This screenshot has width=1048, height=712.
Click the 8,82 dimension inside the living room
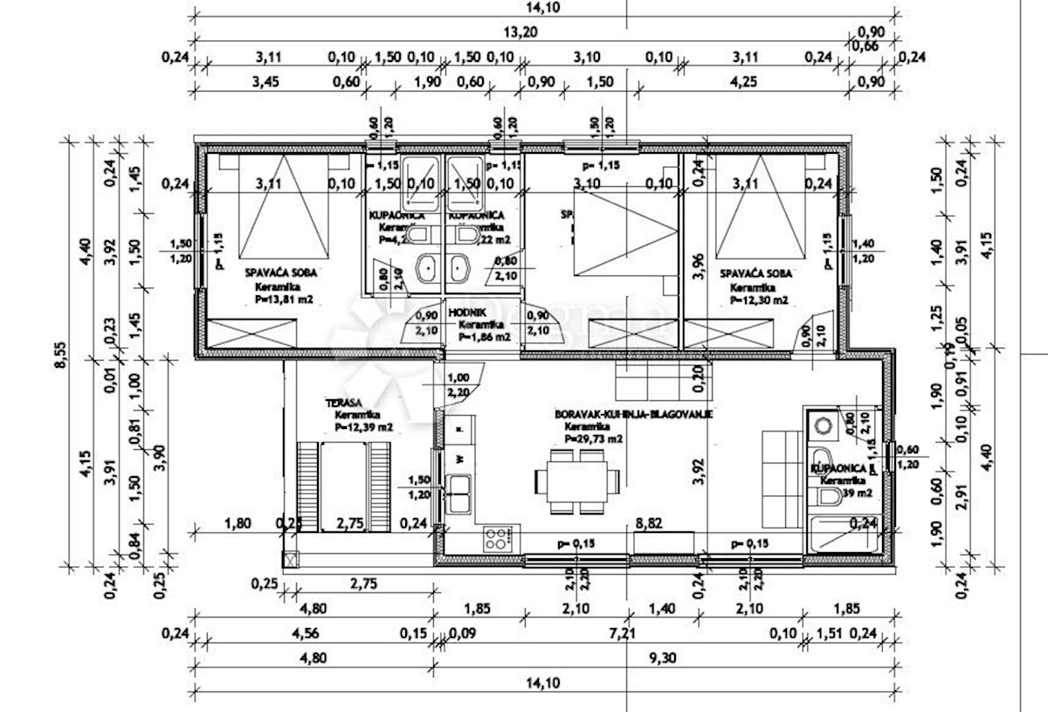click(647, 523)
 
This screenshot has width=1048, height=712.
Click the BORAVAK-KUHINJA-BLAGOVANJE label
click(633, 416)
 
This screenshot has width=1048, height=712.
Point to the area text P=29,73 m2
click(593, 439)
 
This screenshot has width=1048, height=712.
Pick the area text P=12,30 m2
click(756, 300)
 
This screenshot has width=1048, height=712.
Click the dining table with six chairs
click(577, 480)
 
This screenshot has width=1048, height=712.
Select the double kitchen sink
click(459, 494)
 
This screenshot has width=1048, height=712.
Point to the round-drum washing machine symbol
click(822, 425)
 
